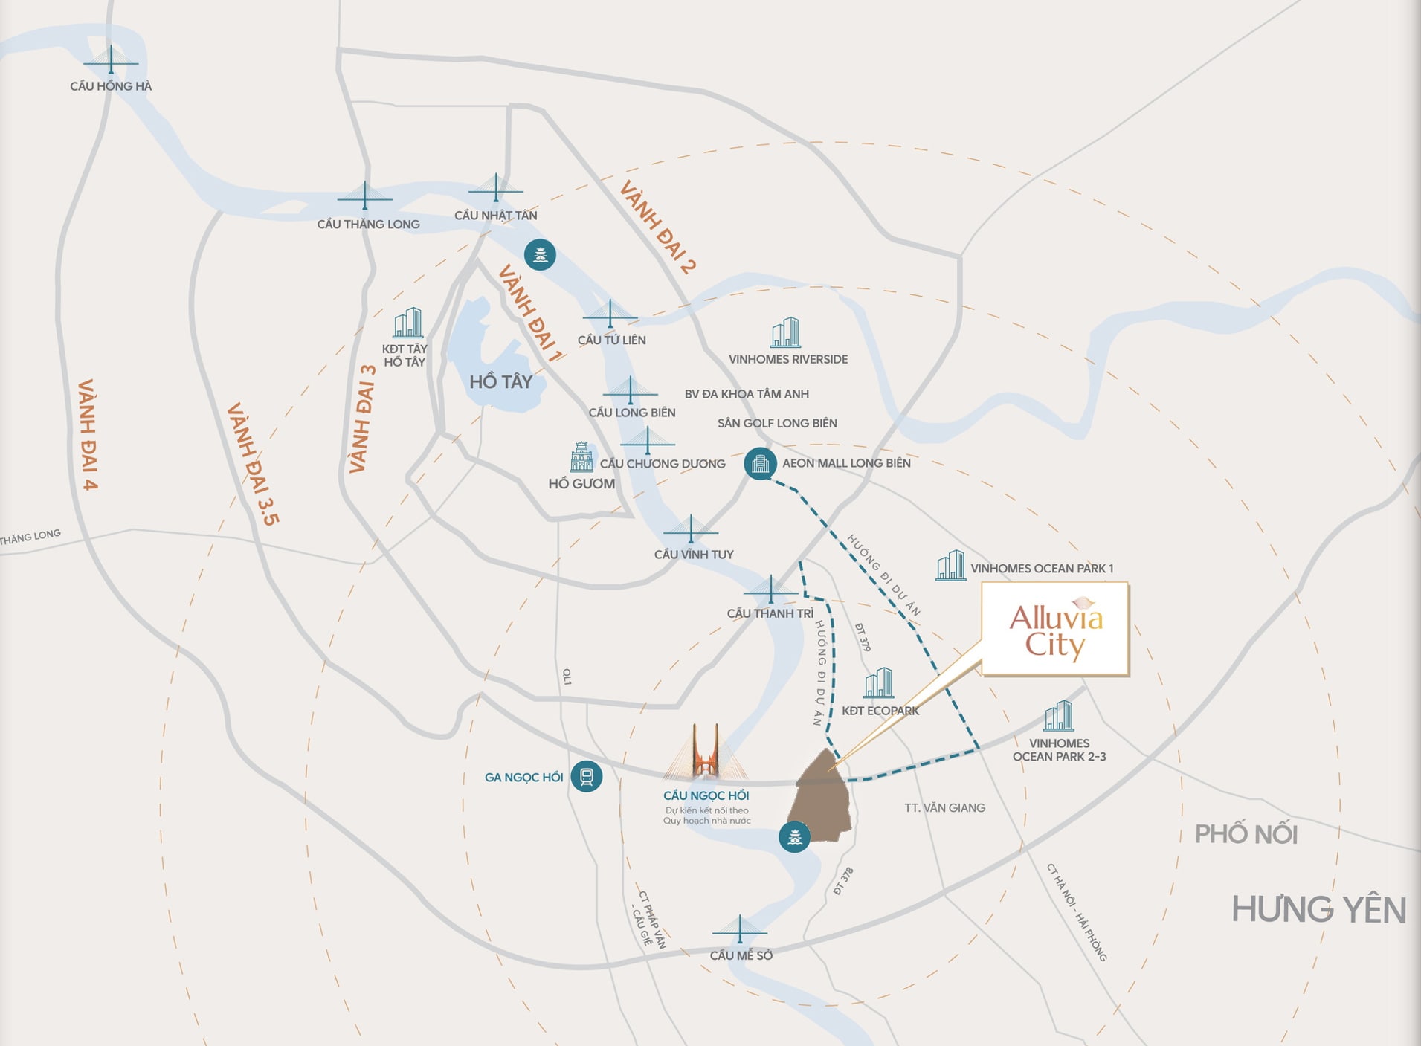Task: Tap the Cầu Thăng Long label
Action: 368,224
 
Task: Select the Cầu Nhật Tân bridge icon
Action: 496,188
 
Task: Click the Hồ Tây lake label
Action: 500,381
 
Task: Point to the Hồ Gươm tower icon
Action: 581,457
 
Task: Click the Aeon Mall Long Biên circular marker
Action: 760,464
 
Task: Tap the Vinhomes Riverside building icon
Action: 785,332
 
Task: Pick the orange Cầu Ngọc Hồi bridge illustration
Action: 706,752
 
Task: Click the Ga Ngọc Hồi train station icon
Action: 586,777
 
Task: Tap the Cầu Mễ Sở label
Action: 741,955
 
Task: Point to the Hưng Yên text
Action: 1318,909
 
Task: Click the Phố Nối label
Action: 1246,834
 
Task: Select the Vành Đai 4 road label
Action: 88,435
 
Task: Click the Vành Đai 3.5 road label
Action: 254,464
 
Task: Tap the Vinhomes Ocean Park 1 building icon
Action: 950,566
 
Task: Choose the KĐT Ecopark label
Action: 880,711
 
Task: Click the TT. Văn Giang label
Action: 944,807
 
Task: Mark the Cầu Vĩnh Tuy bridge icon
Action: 691,529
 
